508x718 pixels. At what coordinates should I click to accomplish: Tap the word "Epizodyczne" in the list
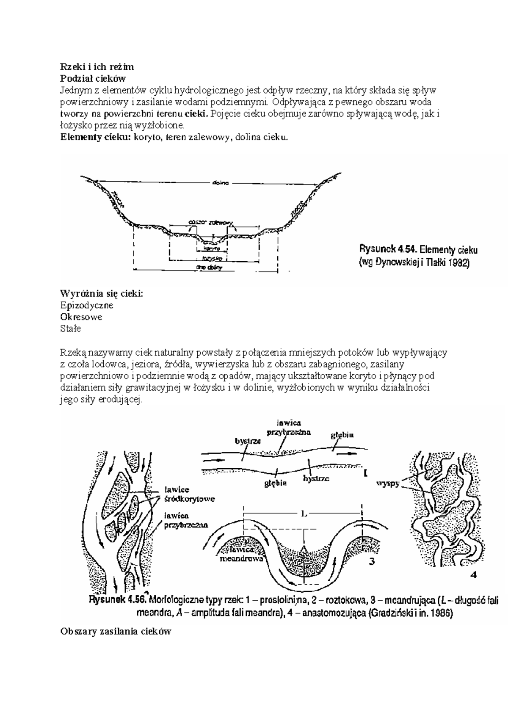click(87, 305)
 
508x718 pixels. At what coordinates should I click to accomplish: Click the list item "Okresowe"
click(81, 317)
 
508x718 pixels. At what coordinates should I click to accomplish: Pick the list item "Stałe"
click(71, 329)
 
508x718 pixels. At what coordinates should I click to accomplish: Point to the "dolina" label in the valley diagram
click(219, 183)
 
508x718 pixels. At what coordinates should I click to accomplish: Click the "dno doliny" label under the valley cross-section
click(209, 268)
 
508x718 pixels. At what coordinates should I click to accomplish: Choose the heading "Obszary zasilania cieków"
click(116, 632)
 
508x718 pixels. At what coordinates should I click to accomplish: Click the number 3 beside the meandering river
click(371, 562)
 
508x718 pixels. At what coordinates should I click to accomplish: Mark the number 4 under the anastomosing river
click(474, 575)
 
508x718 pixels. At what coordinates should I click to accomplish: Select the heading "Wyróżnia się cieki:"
click(102, 293)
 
